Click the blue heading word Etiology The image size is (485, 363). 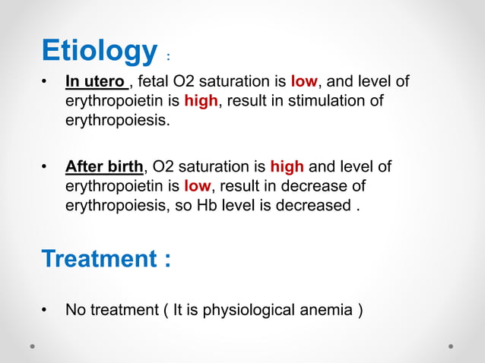[x=99, y=52]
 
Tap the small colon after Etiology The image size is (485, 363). [x=168, y=57]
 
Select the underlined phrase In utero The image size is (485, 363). [x=97, y=81]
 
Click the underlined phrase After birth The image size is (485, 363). [x=104, y=166]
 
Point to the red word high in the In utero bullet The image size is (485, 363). [x=201, y=101]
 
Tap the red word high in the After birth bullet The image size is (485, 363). [x=287, y=166]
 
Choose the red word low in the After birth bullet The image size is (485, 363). [x=197, y=186]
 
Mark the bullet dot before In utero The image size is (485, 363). [x=46, y=81]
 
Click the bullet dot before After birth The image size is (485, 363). [x=46, y=166]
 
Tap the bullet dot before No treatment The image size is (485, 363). [x=46, y=309]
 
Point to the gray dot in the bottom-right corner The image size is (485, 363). [x=451, y=346]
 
